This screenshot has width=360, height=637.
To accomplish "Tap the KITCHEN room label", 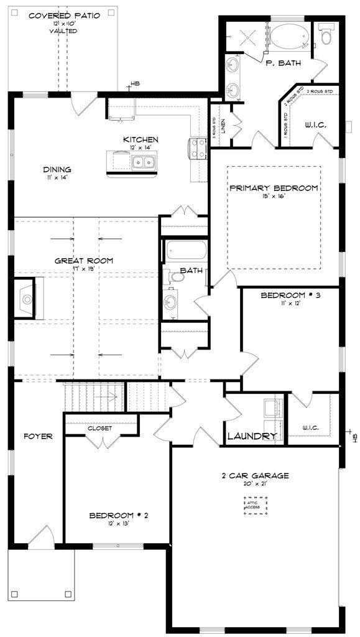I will [x=141, y=139].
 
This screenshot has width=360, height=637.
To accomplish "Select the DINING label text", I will [x=57, y=169].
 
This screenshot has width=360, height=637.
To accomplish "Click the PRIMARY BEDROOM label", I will [x=274, y=188].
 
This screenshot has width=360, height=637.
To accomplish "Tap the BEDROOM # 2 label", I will [x=119, y=515].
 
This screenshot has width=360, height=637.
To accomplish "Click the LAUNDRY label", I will [x=251, y=436].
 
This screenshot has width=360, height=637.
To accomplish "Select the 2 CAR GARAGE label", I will [x=255, y=475].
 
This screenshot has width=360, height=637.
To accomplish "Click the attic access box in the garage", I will [x=256, y=506].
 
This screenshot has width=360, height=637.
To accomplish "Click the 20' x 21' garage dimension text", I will [x=255, y=485].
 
